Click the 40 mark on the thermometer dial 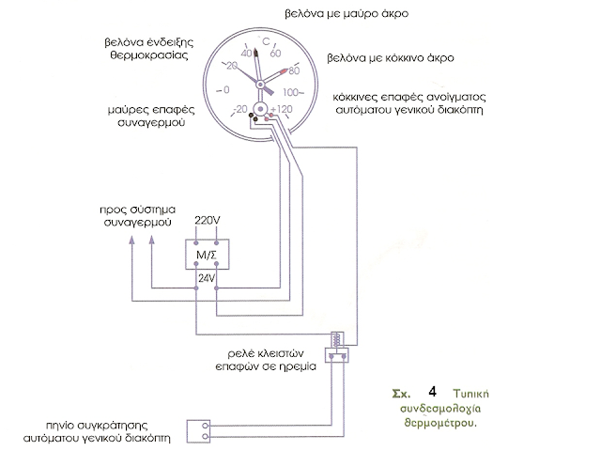pyautogui.click(x=248, y=54)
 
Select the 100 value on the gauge pyautogui.click(x=291, y=91)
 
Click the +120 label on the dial pyautogui.click(x=282, y=110)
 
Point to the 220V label pyautogui.click(x=207, y=221)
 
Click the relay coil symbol pyautogui.click(x=334, y=340)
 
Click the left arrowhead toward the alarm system pyautogui.click(x=131, y=241)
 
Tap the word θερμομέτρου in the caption pyautogui.click(x=431, y=422)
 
